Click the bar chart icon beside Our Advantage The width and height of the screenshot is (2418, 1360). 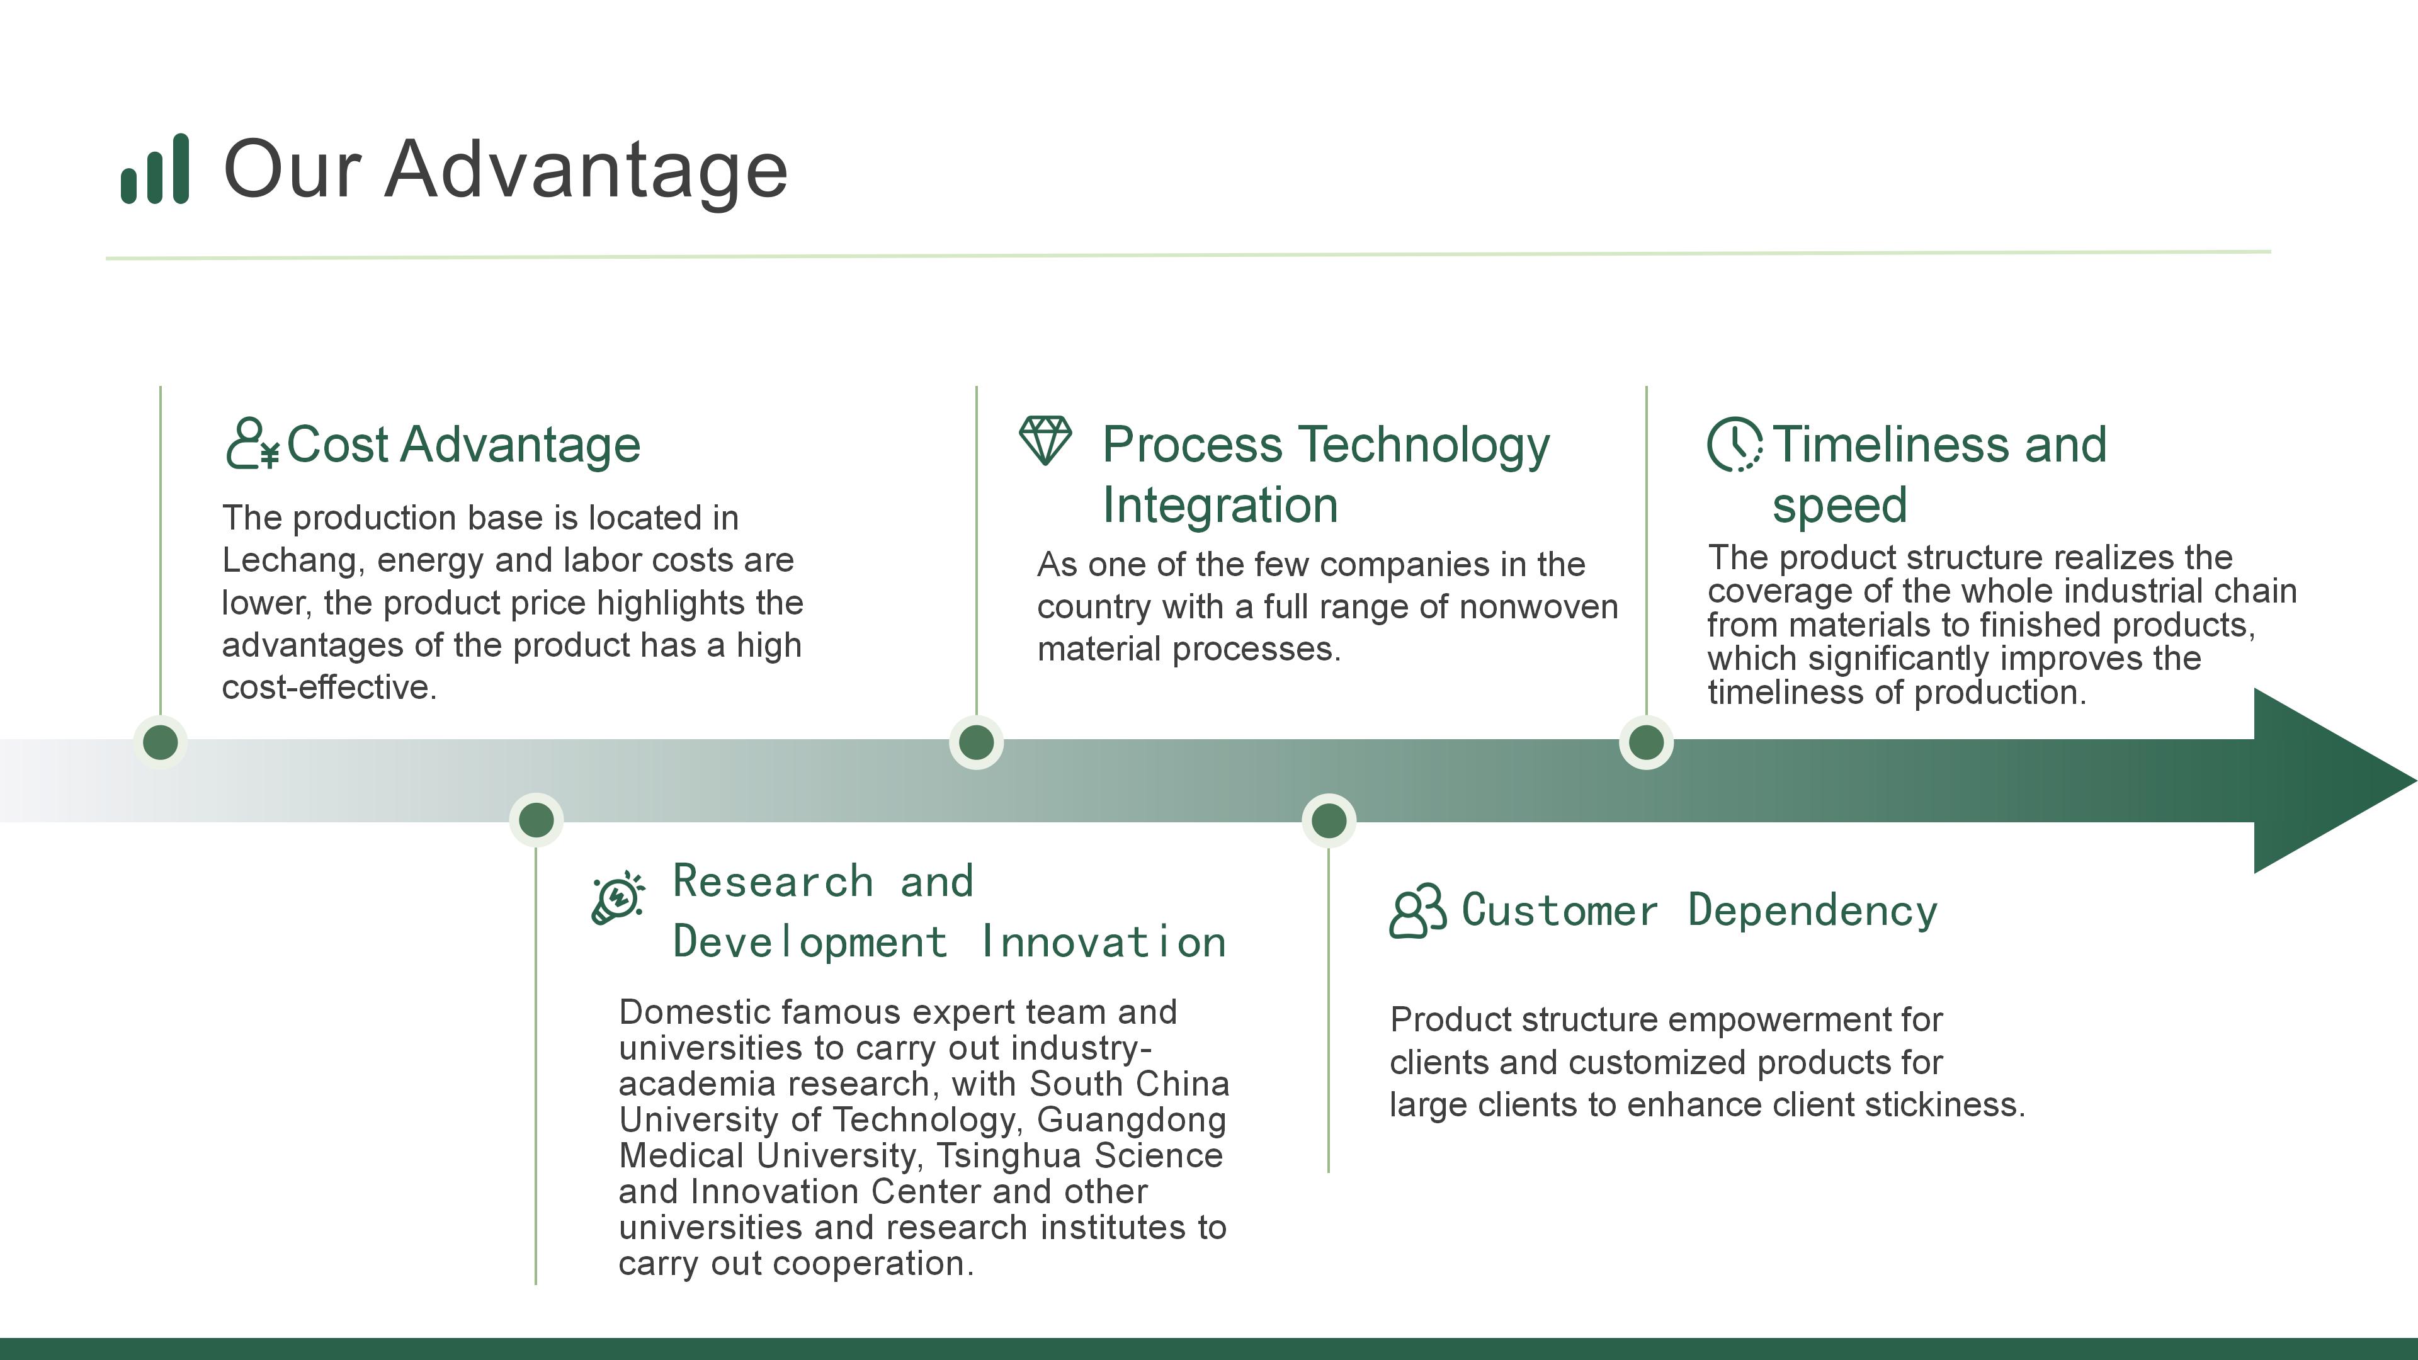coord(155,169)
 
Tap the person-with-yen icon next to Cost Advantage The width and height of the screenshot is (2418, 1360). coord(252,444)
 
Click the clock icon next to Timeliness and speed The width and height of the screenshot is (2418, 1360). coord(1734,444)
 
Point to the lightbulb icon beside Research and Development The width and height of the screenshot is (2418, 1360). coord(618,898)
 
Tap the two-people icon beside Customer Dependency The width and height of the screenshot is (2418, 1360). coord(1417,910)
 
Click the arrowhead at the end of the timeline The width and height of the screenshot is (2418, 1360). coord(2328,781)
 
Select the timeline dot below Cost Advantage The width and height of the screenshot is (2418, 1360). coord(161,742)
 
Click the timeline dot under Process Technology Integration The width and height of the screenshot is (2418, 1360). coord(976,742)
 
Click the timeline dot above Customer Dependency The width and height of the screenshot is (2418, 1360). coord(1328,821)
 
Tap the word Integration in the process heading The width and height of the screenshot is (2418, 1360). coord(1219,505)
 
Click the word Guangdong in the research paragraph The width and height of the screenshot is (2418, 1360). coord(1131,1119)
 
